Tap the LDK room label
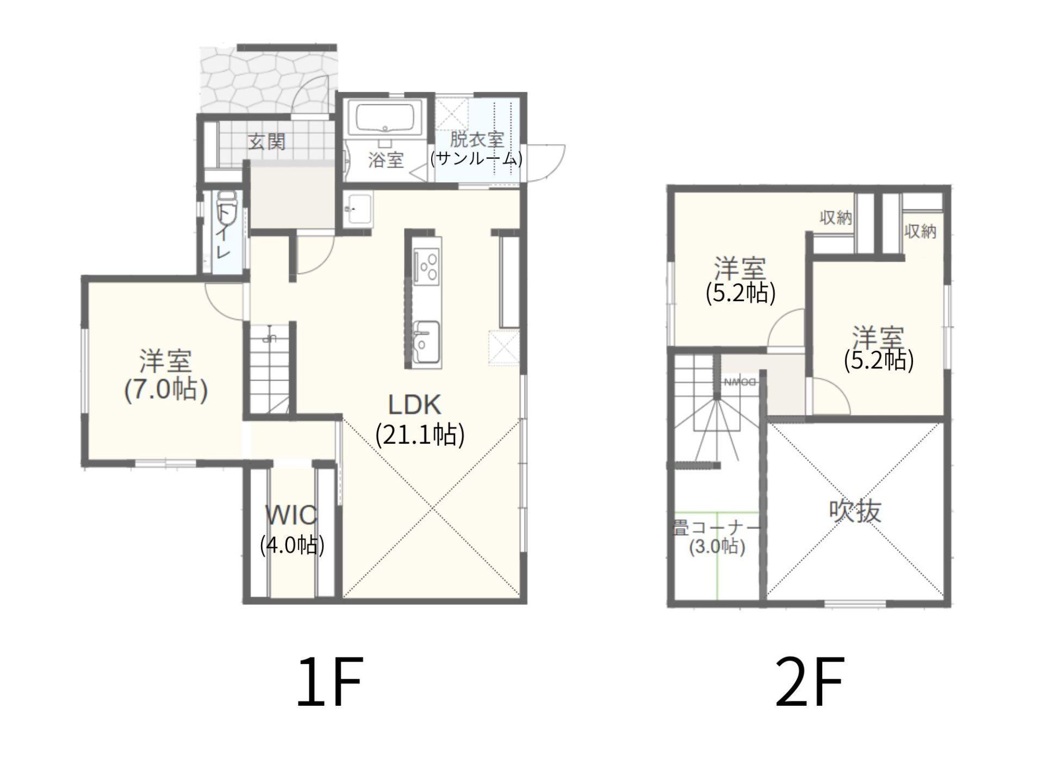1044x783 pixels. pyautogui.click(x=414, y=405)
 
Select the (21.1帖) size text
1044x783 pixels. pyautogui.click(x=420, y=435)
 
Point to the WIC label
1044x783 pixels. pyautogui.click(x=291, y=515)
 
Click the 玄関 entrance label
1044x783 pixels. pyautogui.click(x=267, y=142)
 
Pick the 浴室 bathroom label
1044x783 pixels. pyautogui.click(x=386, y=160)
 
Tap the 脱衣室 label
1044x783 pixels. pyautogui.click(x=477, y=139)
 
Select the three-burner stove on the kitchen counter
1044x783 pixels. pyautogui.click(x=426, y=265)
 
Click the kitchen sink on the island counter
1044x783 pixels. pyautogui.click(x=426, y=341)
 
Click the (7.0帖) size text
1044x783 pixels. pyautogui.click(x=166, y=390)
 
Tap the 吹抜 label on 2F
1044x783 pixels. pyautogui.click(x=855, y=512)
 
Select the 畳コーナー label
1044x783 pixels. pyautogui.click(x=716, y=527)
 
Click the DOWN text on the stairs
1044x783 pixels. pyautogui.click(x=740, y=382)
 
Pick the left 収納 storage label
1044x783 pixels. pyautogui.click(x=836, y=218)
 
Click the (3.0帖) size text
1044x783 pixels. pyautogui.click(x=717, y=546)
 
